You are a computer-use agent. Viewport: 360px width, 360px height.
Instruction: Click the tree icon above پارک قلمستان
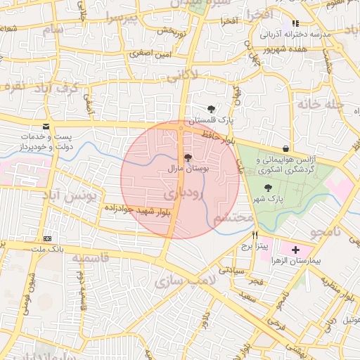pos(212,108)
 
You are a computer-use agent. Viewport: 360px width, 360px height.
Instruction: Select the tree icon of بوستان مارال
pos(187,158)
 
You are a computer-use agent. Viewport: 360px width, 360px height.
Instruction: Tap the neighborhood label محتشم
pos(233,218)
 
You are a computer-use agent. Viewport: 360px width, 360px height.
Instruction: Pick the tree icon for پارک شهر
pos(267,188)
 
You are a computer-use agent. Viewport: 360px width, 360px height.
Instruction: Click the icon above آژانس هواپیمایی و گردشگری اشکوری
pos(285,149)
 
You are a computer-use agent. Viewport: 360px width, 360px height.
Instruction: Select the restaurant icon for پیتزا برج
pos(255,236)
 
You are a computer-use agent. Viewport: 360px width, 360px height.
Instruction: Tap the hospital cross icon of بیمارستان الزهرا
pos(295,250)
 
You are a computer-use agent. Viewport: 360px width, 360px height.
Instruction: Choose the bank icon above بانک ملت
pos(47,238)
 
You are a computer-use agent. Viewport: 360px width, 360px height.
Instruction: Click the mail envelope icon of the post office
pos(46,127)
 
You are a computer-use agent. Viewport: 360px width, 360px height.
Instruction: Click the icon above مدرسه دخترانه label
pos(304,23)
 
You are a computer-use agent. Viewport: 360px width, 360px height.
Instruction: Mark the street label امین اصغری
pos(149,53)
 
